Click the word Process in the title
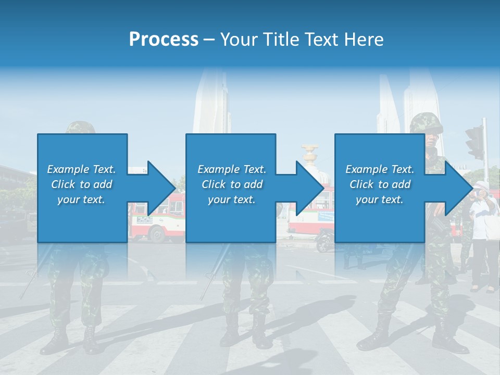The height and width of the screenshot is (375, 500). tap(164, 39)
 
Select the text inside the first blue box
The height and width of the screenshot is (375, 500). tap(82, 184)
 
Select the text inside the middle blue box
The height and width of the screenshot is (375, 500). tap(232, 184)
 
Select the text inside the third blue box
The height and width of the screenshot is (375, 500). tap(380, 184)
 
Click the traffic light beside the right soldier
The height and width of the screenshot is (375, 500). tap(475, 142)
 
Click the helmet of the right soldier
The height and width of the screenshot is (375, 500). tap(426, 123)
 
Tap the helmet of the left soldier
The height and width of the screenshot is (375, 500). tap(81, 127)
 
